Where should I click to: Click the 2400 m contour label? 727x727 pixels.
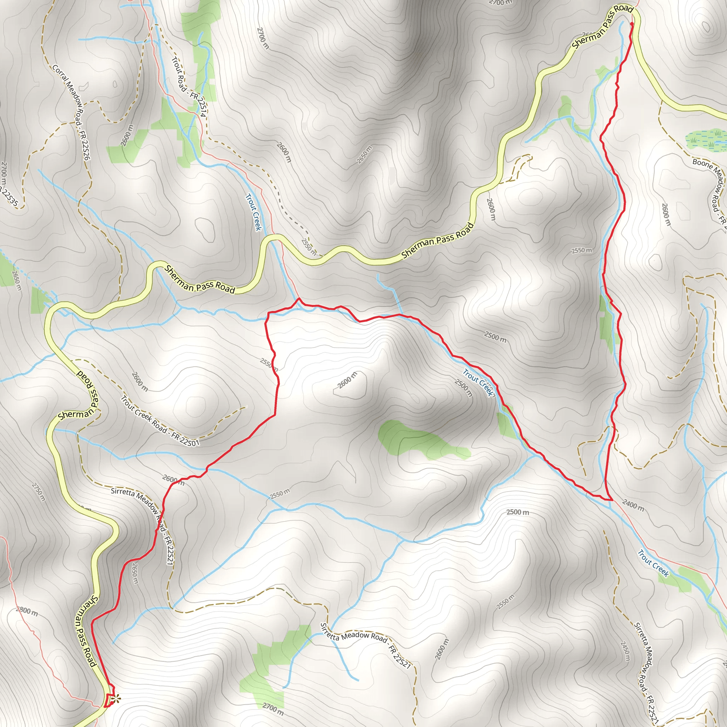click(633, 505)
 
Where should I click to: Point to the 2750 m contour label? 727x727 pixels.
click(38, 492)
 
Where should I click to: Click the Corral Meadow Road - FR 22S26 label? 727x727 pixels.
click(71, 112)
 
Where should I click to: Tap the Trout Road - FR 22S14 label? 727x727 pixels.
click(189, 87)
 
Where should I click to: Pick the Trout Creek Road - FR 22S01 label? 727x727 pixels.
click(160, 421)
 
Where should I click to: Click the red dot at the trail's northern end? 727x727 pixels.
click(632, 24)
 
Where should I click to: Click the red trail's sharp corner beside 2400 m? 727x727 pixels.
click(611, 500)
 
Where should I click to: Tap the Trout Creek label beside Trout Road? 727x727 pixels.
click(253, 212)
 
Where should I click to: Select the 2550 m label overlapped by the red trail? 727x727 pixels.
click(269, 364)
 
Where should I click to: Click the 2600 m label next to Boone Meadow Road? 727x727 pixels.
click(666, 214)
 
